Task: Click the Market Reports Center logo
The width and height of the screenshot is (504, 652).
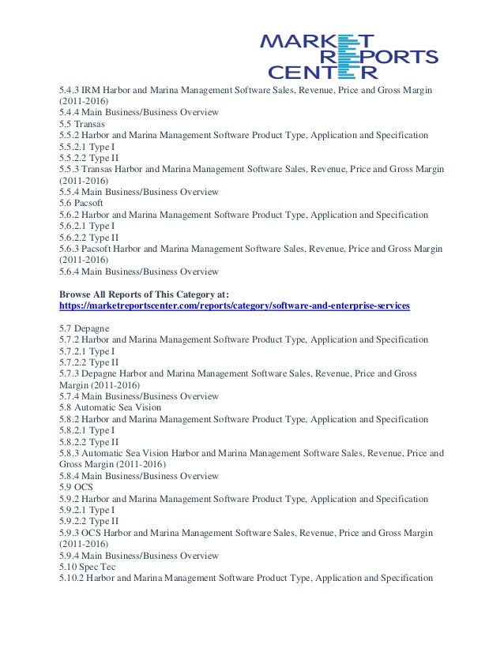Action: (348, 56)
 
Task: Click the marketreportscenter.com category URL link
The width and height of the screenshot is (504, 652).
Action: (235, 305)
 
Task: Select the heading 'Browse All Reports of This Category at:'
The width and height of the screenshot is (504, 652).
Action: (143, 294)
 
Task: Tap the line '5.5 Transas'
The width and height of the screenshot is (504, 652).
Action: (83, 124)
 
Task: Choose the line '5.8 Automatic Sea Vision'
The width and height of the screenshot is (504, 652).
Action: (110, 407)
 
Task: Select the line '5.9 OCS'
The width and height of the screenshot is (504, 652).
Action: (77, 487)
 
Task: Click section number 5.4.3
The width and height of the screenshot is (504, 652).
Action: (70, 91)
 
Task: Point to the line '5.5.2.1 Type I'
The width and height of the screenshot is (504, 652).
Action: (87, 147)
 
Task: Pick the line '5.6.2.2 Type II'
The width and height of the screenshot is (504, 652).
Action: (88, 238)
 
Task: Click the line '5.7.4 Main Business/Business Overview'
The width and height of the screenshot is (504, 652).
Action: (139, 396)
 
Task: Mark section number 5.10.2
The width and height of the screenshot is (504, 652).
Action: (72, 579)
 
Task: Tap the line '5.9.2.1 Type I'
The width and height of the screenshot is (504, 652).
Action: (87, 510)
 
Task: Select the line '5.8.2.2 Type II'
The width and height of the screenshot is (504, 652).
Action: (88, 442)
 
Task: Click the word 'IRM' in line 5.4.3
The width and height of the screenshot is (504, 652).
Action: (92, 91)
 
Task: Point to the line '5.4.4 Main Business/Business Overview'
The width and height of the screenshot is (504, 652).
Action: (139, 113)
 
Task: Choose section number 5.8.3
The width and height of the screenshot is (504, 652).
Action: (70, 453)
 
